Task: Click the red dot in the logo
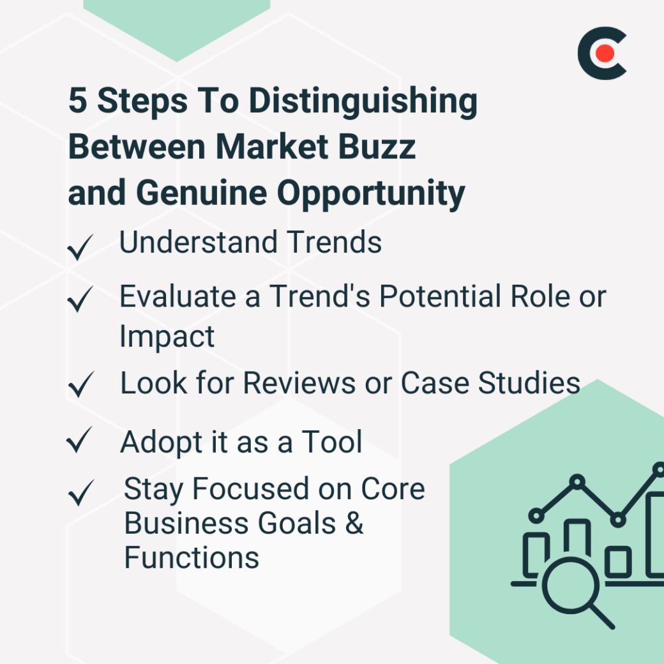tap(605, 54)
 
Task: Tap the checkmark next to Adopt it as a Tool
tap(80, 441)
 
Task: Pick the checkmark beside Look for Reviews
tap(80, 384)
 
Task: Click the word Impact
tap(167, 336)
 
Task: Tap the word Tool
tap(332, 442)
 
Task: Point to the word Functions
tap(192, 557)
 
